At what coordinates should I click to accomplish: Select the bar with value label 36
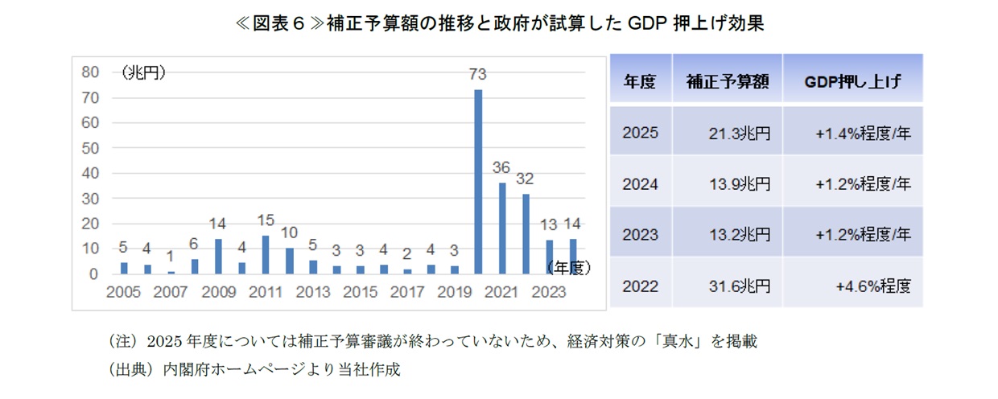pyautogui.click(x=502, y=228)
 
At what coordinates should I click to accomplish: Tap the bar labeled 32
pyautogui.click(x=526, y=233)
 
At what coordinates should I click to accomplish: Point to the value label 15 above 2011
pyautogui.click(x=266, y=220)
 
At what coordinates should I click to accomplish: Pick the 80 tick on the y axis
pyautogui.click(x=90, y=72)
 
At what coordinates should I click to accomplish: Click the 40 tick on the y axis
pyautogui.click(x=90, y=173)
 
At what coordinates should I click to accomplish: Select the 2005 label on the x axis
pyautogui.click(x=123, y=293)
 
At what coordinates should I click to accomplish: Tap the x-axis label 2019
pyautogui.click(x=455, y=293)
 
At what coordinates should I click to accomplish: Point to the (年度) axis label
pyautogui.click(x=568, y=268)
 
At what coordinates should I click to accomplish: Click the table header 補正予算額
pyautogui.click(x=728, y=81)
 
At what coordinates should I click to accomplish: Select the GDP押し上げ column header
pyautogui.click(x=852, y=81)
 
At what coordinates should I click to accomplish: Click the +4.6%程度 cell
pyautogui.click(x=873, y=286)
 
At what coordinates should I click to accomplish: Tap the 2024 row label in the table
pyautogui.click(x=640, y=184)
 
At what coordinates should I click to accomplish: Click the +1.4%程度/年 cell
pyautogui.click(x=863, y=134)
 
